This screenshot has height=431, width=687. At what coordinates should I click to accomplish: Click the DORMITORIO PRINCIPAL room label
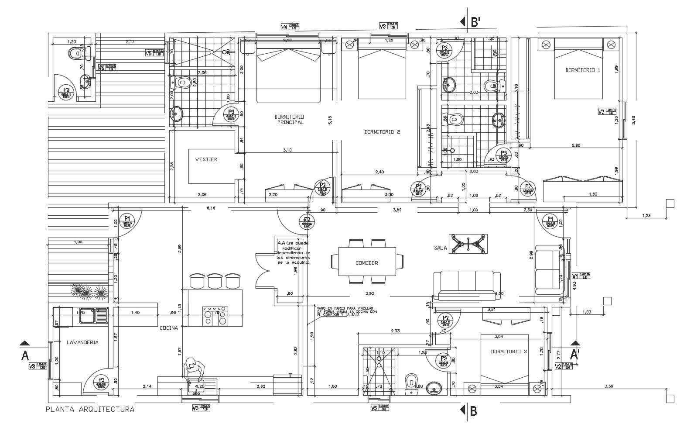click(x=289, y=120)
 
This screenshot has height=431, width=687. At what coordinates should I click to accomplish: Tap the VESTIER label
click(x=206, y=159)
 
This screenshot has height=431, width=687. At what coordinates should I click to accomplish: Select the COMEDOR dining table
click(x=366, y=263)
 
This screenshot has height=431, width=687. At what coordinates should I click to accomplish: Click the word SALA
click(x=441, y=248)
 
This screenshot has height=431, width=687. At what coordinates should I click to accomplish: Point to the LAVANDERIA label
click(x=82, y=342)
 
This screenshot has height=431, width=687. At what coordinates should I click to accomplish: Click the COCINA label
click(x=168, y=328)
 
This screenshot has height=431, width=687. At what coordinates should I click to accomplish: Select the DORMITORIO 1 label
click(x=583, y=70)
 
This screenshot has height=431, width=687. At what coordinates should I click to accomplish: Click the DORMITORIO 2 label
click(x=382, y=132)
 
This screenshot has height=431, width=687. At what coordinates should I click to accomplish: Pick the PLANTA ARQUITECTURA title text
click(x=90, y=410)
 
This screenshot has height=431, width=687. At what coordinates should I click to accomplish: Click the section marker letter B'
click(x=476, y=22)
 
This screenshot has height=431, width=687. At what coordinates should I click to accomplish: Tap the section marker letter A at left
click(x=25, y=356)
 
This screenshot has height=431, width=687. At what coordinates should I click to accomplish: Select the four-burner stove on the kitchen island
click(x=215, y=317)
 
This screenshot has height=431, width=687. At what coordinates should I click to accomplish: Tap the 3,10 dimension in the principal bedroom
click(x=287, y=150)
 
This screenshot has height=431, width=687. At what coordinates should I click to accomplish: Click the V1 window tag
click(x=575, y=276)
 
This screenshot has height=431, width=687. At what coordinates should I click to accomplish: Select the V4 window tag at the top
click(x=284, y=27)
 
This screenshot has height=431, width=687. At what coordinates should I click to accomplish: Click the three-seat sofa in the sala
click(x=467, y=284)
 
